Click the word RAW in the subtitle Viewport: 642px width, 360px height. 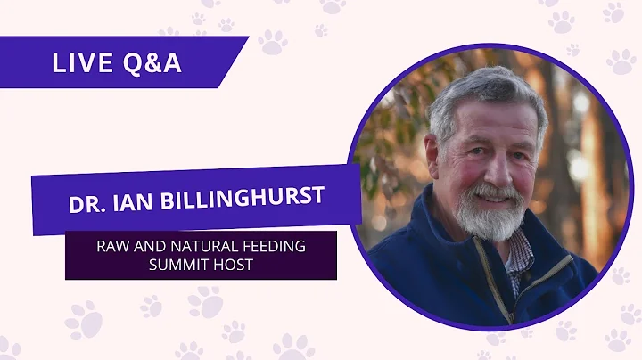112,245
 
